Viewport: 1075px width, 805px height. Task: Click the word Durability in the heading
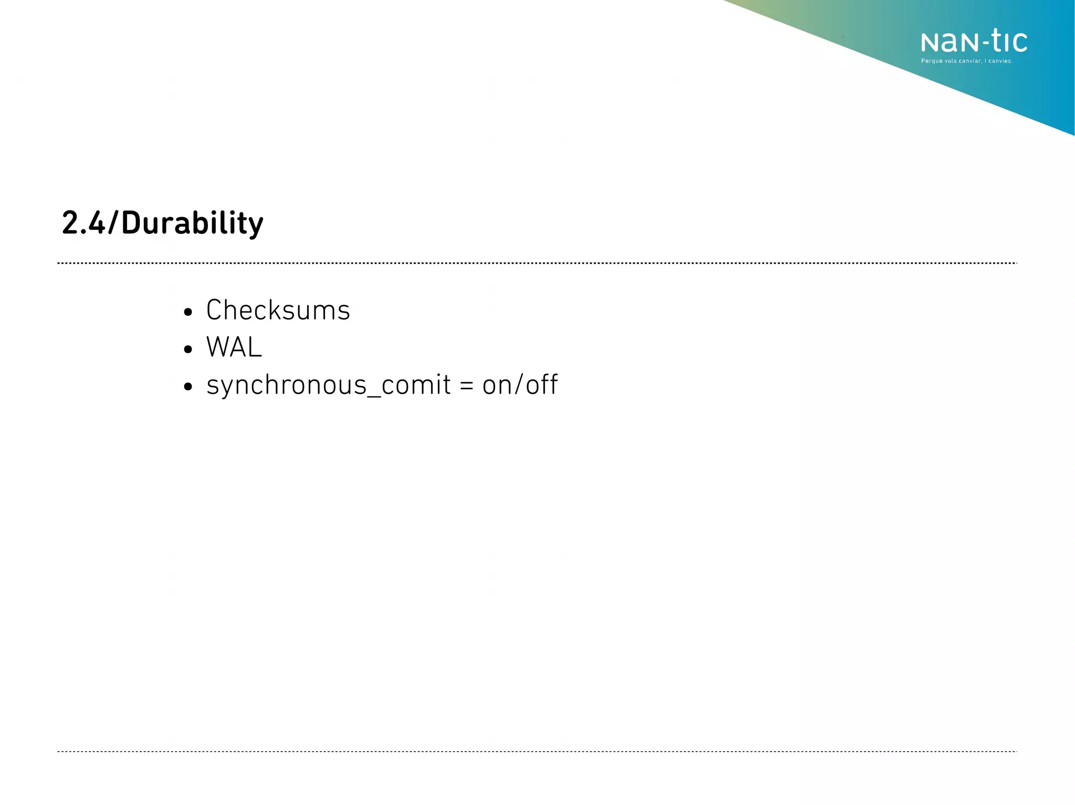tap(192, 223)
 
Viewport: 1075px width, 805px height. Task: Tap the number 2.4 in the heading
tap(83, 223)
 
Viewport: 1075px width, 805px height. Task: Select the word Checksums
tap(278, 310)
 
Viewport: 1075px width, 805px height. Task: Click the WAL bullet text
tap(234, 347)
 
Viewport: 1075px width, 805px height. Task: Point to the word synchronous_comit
tap(329, 385)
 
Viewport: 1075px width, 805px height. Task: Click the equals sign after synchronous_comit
tap(466, 386)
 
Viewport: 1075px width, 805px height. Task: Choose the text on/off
tap(520, 385)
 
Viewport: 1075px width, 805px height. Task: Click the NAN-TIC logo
tap(974, 42)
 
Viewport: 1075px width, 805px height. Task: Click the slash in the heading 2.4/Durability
tap(113, 223)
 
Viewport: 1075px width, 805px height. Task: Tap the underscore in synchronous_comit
tap(374, 395)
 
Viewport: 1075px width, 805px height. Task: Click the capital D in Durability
tap(131, 223)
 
